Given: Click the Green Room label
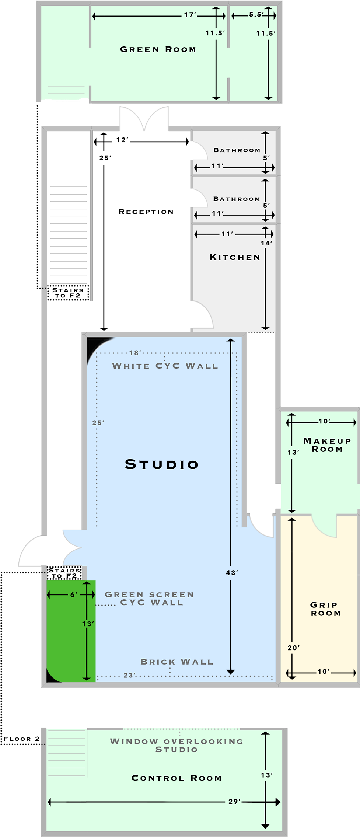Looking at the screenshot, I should pos(158,49).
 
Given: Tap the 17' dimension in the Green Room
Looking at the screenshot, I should pos(190,15).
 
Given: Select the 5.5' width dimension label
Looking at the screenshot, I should pos(256,15).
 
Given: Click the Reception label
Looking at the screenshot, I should pos(146,212).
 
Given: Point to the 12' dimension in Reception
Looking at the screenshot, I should pos(122,140).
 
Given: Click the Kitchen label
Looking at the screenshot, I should pos(235,257).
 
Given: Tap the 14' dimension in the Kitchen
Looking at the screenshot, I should pos(266,243).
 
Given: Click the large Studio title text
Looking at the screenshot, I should pos(162,464).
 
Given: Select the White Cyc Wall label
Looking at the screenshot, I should pos(165,366).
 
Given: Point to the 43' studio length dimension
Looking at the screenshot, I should pos(232,572).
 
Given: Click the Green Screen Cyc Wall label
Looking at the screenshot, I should pos(149,599).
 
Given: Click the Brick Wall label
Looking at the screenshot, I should pos(177,662).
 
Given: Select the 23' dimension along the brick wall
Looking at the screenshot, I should pos(130,675).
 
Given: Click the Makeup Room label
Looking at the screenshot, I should pos(327,445).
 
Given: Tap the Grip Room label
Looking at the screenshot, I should pos(325,609).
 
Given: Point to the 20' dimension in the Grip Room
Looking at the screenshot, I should pos(294,648).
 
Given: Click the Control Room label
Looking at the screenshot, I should pos(176,778).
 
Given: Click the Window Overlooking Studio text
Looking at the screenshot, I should pos(176,745).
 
